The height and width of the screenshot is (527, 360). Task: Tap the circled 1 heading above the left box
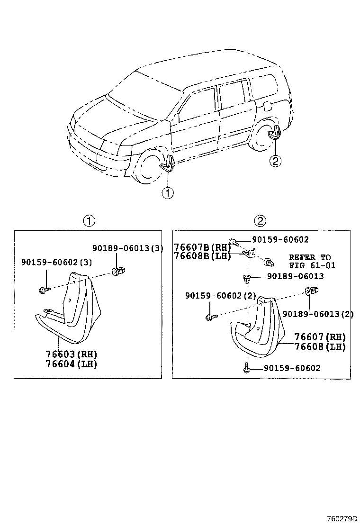[89, 220]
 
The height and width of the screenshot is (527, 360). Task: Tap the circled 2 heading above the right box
[260, 220]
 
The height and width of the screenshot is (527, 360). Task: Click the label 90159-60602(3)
[56, 262]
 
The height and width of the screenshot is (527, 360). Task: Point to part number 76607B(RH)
[202, 247]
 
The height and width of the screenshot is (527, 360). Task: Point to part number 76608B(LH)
[202, 256]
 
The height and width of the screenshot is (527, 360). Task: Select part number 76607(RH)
[320, 337]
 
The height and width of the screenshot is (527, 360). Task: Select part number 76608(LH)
[320, 346]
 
